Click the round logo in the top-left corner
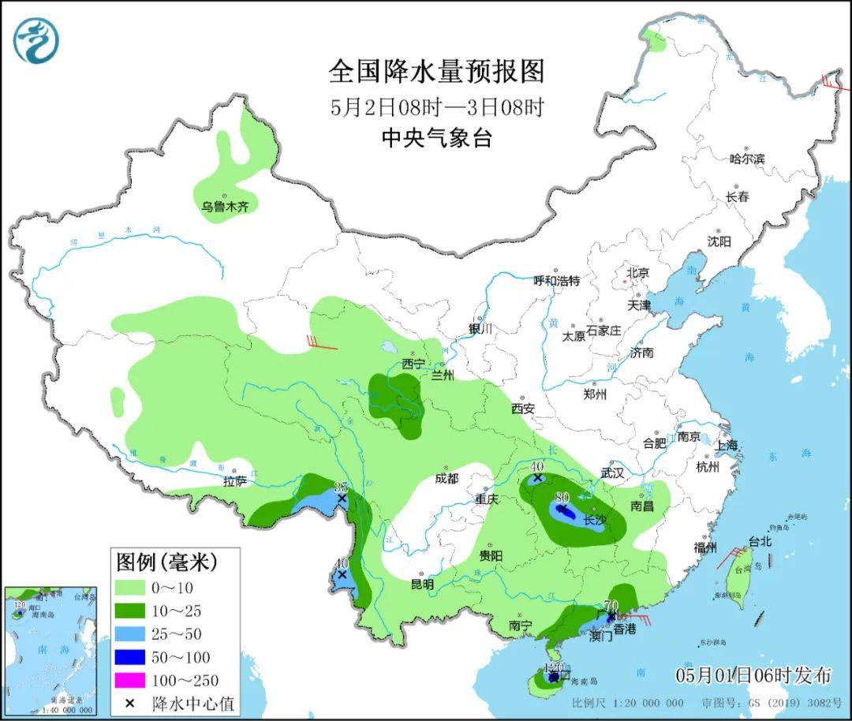37,40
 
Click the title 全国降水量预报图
436,72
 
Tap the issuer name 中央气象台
436,139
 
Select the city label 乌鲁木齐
224,207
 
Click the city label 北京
637,273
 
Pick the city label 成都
446,478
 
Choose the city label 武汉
611,473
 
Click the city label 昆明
422,585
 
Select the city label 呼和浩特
556,280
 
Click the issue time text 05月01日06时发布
753,676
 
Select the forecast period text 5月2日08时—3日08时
436,106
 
